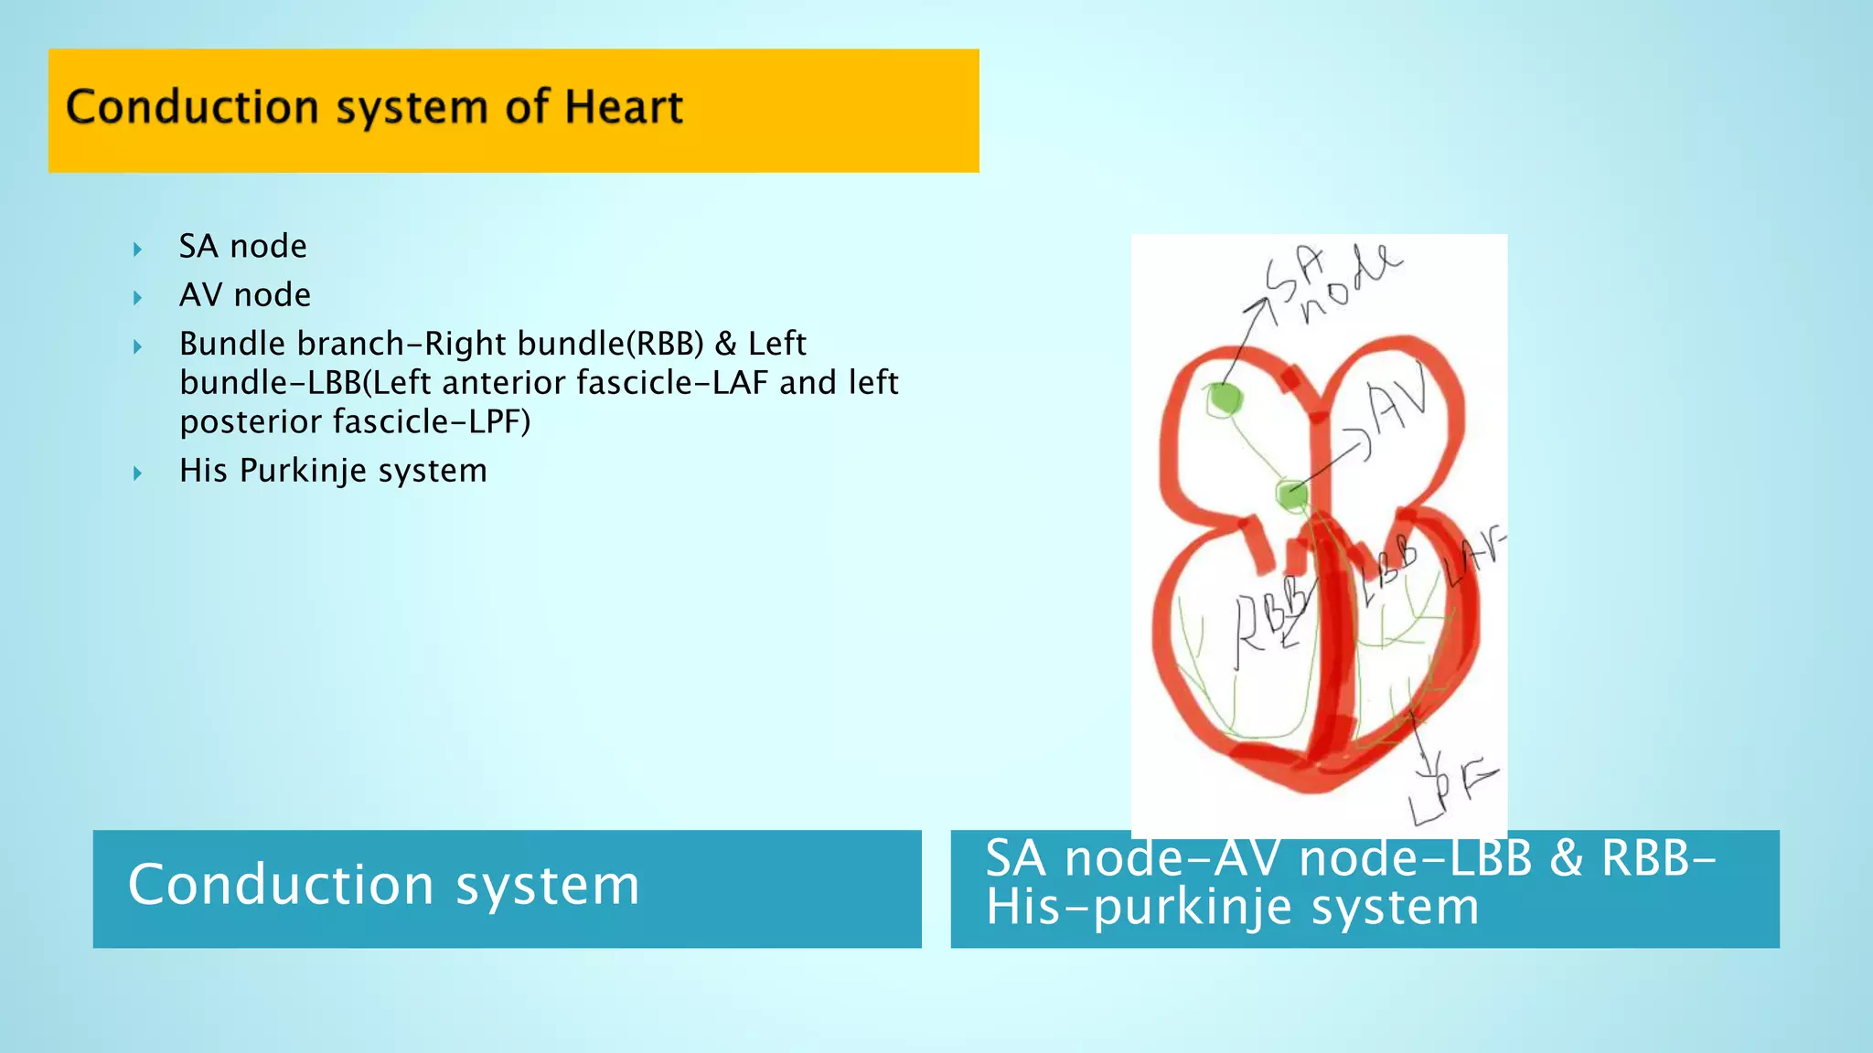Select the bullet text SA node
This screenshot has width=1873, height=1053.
coord(242,246)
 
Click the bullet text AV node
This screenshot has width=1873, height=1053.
coord(244,294)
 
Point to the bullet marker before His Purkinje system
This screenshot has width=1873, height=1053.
coord(137,473)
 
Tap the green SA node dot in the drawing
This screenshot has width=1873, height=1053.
coord(1223,399)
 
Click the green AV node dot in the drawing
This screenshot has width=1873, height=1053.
coord(1292,495)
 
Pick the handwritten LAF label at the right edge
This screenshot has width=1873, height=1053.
coord(1473,558)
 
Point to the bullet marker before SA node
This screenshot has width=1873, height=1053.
coord(137,249)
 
